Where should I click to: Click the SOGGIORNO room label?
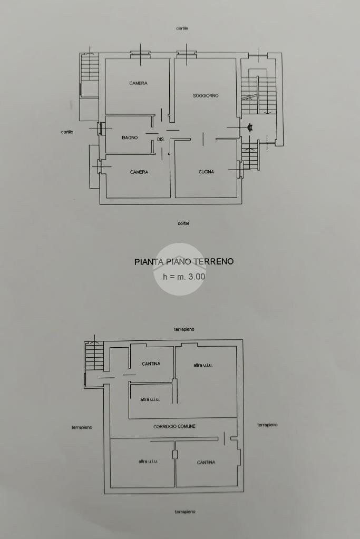pyautogui.click(x=206, y=95)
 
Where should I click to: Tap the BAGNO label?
pyautogui.click(x=130, y=138)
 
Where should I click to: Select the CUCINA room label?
pyautogui.click(x=206, y=172)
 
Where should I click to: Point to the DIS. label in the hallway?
pyautogui.click(x=161, y=140)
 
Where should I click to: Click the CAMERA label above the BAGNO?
pyautogui.click(x=138, y=83)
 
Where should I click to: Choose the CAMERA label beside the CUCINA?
pyautogui.click(x=139, y=172)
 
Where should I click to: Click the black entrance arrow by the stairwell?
pyautogui.click(x=250, y=127)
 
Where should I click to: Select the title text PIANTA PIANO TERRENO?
pyautogui.click(x=184, y=261)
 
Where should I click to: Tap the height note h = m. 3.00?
pyautogui.click(x=184, y=276)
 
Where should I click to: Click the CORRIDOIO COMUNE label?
pyautogui.click(x=174, y=426)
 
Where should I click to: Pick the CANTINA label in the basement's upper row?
pyautogui.click(x=151, y=364)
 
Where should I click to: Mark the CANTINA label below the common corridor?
pyautogui.click(x=206, y=462)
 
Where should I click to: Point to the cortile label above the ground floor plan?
pyautogui.click(x=182, y=28)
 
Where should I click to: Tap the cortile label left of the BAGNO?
pyautogui.click(x=67, y=132)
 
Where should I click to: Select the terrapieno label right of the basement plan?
pyautogui.click(x=267, y=425)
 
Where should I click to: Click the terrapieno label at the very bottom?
pyautogui.click(x=185, y=512)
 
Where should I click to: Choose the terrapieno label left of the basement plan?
pyautogui.click(x=82, y=427)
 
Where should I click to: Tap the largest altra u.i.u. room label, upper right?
pyautogui.click(x=206, y=365)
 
